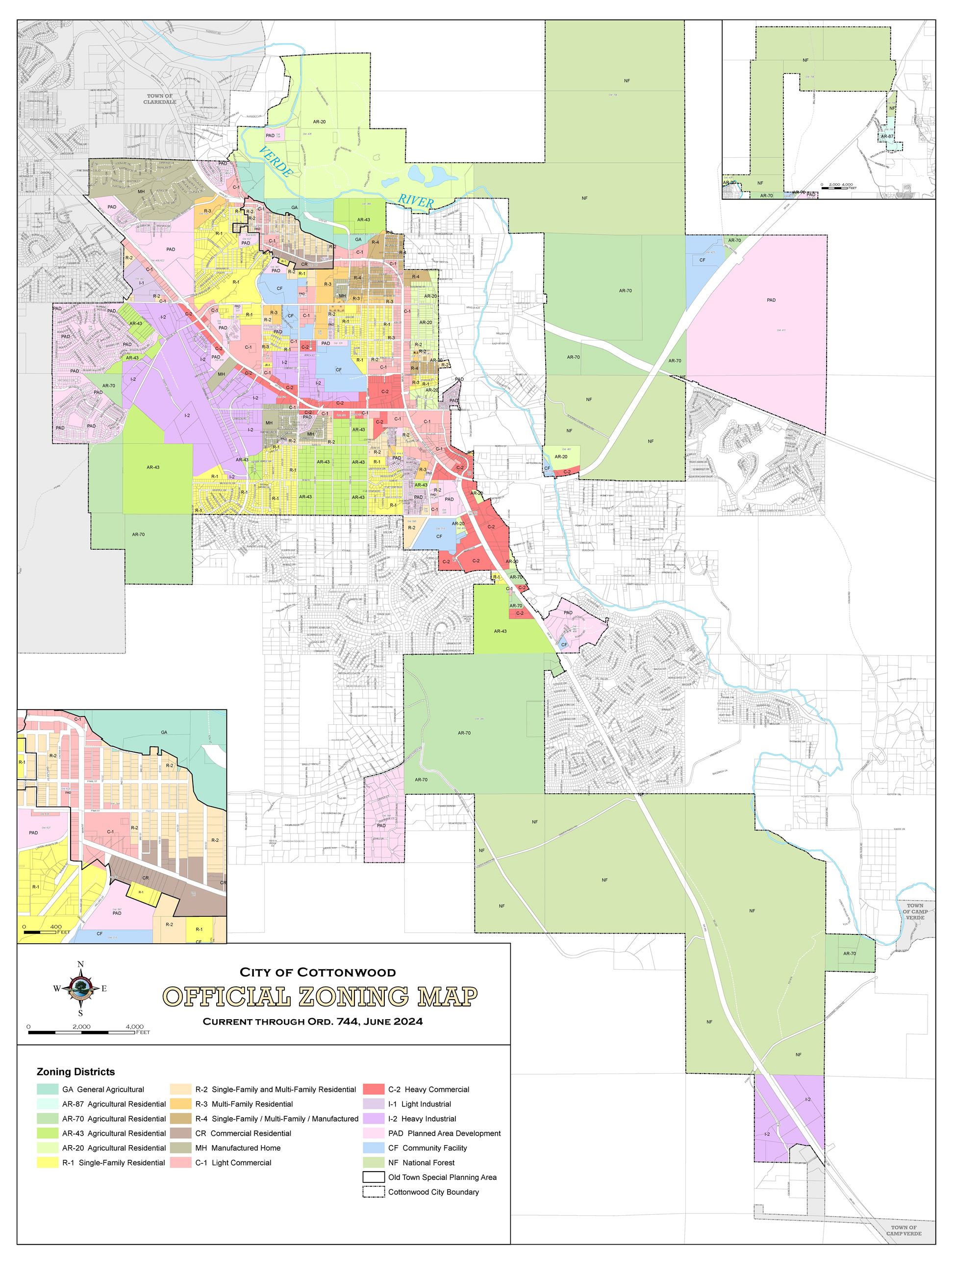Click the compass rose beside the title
coord(80,988)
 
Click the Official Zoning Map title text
coord(321,996)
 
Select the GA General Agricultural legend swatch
coord(47,1089)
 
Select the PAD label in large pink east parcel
coord(771,300)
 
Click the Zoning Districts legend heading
coord(75,1072)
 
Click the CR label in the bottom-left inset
coord(146,878)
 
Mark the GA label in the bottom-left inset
coord(164,733)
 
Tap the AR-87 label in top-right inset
coord(887,137)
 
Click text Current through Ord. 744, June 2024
coord(312,1022)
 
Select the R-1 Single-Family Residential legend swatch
coord(47,1162)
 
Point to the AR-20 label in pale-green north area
coord(319,122)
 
